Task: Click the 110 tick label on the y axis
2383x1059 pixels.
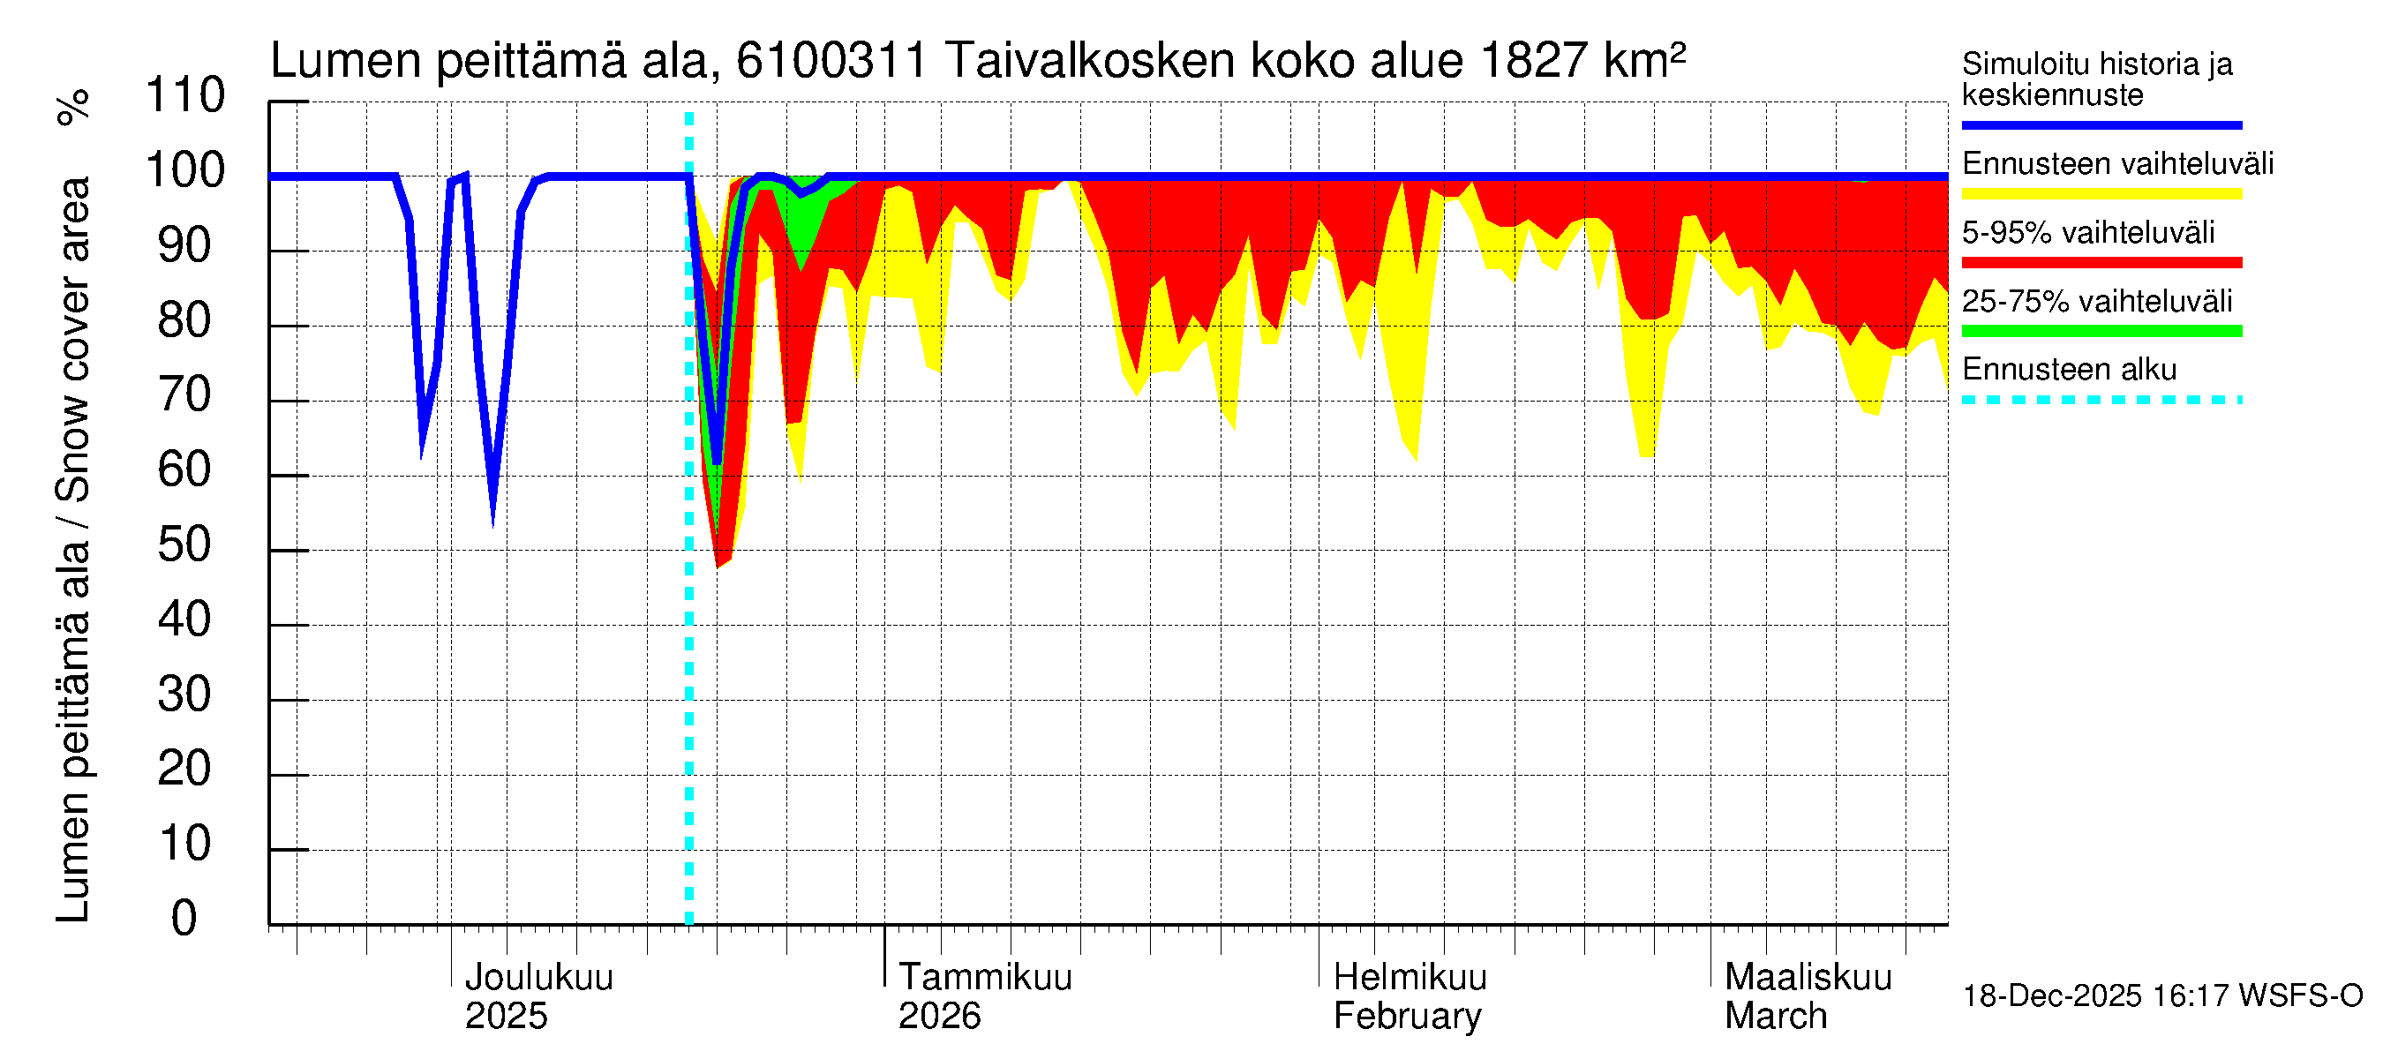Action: [185, 95]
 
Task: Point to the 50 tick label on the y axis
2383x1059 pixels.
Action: [185, 545]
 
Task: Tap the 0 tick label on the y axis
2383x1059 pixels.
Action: [185, 919]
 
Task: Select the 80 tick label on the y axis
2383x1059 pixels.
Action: [185, 320]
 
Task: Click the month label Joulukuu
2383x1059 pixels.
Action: [538, 977]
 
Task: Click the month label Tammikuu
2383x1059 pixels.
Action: [985, 977]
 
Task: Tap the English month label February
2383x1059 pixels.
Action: [1407, 1016]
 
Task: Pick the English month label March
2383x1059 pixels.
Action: [1775, 1016]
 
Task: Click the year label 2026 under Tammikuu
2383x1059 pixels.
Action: [939, 1016]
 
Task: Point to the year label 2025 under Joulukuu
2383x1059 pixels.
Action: [506, 1016]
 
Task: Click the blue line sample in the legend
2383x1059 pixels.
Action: [2101, 124]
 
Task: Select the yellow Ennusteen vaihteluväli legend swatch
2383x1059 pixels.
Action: [2101, 193]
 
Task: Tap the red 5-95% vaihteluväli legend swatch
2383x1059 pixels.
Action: [2101, 263]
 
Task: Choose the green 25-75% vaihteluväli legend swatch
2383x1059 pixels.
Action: [2101, 331]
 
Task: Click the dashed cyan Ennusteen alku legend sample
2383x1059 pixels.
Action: [2101, 400]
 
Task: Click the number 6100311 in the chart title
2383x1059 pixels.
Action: [831, 61]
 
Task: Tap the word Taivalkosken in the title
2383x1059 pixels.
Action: [1090, 61]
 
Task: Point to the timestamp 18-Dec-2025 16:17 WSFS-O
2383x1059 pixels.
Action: [2161, 996]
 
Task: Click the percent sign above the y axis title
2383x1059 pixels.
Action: [73, 108]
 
